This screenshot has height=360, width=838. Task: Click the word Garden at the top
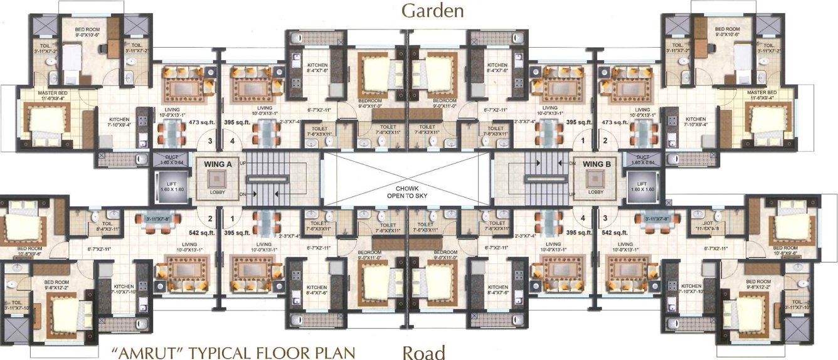(x=432, y=11)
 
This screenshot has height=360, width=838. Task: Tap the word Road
(x=423, y=351)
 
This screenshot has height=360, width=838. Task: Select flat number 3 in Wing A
(x=209, y=142)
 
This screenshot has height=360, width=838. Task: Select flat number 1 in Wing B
(x=583, y=142)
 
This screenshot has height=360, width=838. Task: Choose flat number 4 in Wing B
(x=583, y=219)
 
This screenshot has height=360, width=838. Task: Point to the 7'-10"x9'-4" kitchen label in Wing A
(x=119, y=123)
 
